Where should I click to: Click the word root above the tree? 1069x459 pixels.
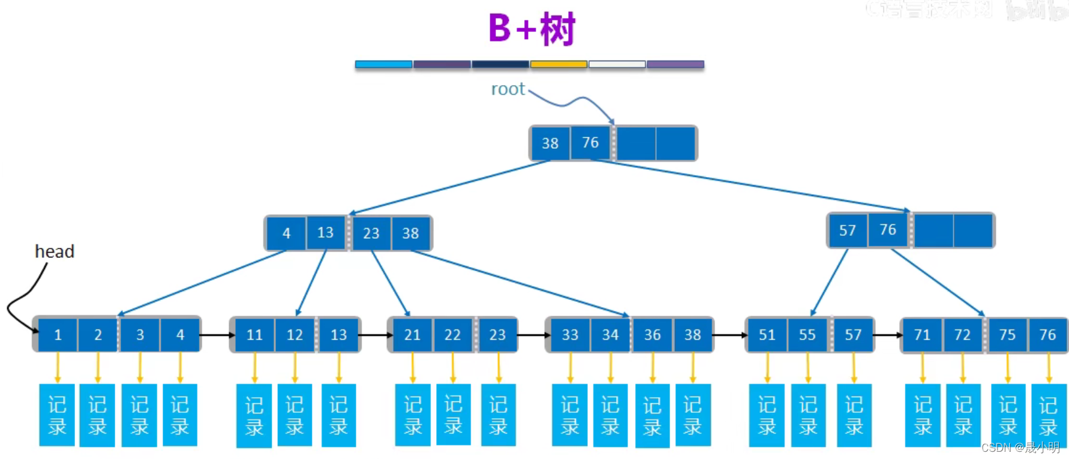tap(508, 89)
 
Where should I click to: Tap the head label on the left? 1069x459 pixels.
tap(55, 251)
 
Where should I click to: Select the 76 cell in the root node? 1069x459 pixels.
tap(590, 143)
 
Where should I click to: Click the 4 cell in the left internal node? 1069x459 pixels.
tap(286, 233)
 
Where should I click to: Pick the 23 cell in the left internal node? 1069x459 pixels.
tap(371, 233)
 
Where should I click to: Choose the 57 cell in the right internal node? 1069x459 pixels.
tap(847, 230)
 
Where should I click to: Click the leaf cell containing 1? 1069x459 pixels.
tap(58, 335)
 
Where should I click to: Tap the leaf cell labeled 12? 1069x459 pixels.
tap(295, 335)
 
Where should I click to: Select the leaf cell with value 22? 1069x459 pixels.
tap(452, 335)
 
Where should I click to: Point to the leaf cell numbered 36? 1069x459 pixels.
tap(652, 335)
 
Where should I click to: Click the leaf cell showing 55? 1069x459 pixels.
tap(807, 335)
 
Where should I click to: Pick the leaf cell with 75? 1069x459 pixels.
tap(1007, 335)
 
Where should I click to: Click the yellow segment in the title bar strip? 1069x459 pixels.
tap(558, 64)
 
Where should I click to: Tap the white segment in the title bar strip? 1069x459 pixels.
tap(617, 64)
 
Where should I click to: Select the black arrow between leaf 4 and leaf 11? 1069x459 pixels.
tap(216, 335)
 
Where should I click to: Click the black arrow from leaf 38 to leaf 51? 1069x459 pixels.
tap(729, 335)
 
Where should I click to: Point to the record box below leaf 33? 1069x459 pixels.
tap(570, 415)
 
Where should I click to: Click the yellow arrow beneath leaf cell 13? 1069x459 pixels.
tap(339, 367)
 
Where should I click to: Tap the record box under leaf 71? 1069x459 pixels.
tap(923, 415)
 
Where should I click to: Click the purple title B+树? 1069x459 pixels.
tap(532, 29)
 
